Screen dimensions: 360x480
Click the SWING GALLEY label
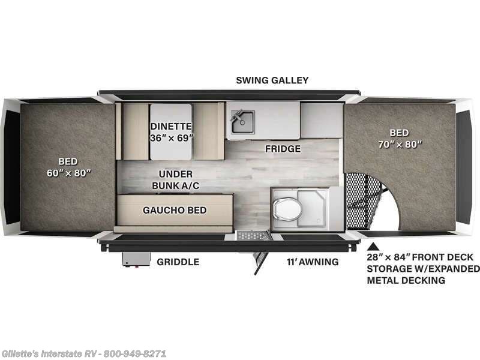tap(272, 80)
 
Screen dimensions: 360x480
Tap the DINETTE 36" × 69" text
tap(170, 131)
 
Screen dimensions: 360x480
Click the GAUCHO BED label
tap(175, 210)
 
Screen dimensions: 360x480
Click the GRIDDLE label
tap(178, 262)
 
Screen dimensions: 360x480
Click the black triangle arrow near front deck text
tap(372, 246)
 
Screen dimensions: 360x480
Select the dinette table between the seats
tap(170, 131)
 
